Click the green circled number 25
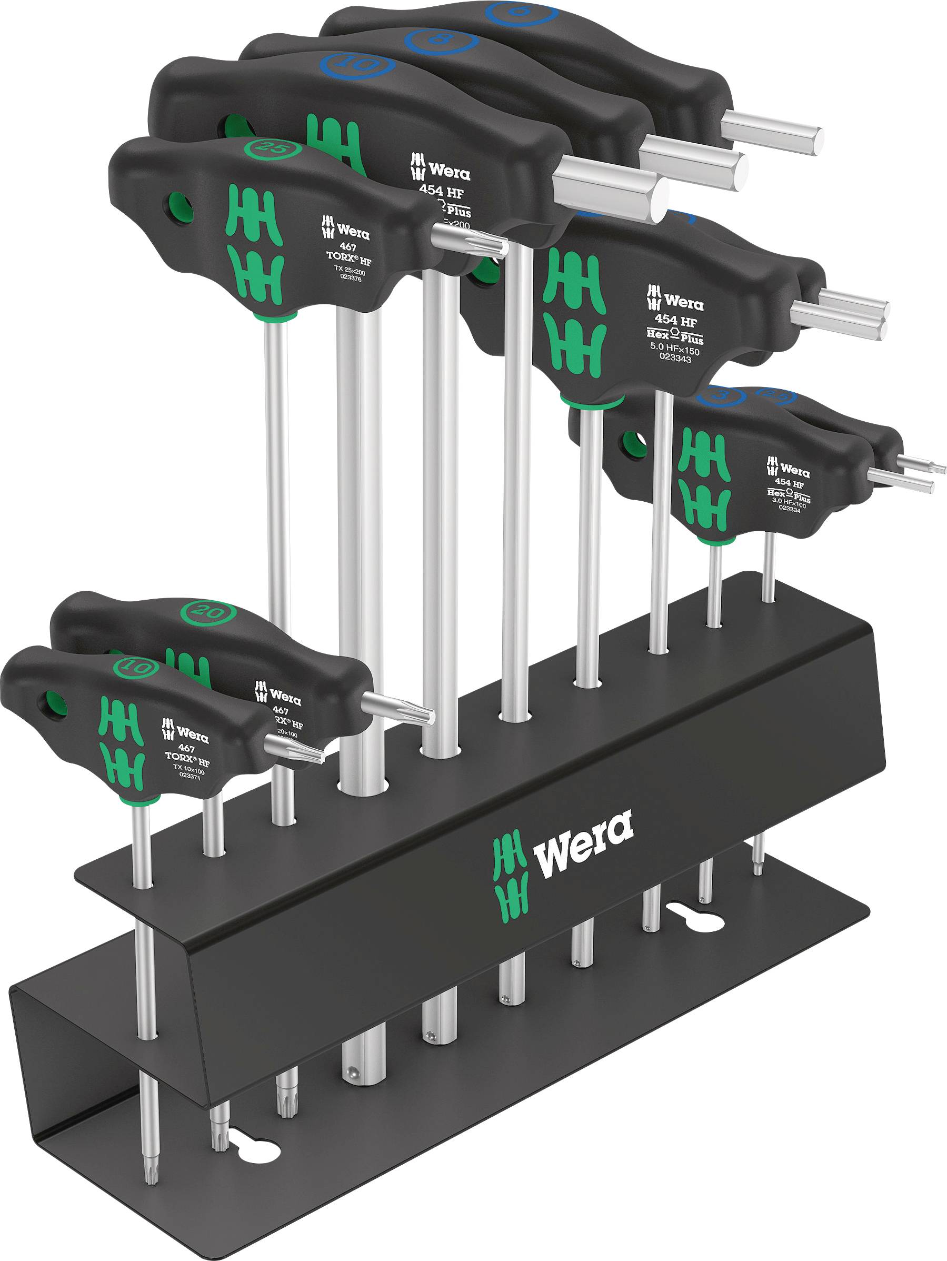coord(264,147)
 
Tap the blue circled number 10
coord(357,64)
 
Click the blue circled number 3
coord(721,395)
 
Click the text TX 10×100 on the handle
coord(191,767)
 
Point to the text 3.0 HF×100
coord(789,502)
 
